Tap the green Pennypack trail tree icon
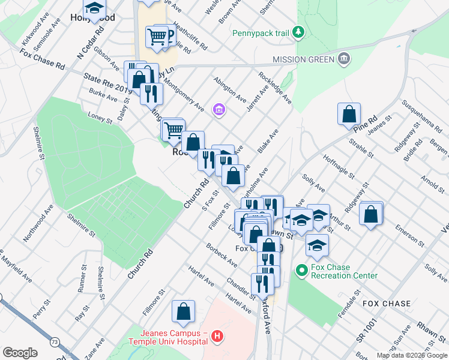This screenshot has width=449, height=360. click(298, 32)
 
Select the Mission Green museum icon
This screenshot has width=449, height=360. click(344, 59)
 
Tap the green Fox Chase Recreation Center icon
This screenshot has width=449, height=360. click(302, 272)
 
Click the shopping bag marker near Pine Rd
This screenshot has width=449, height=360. click(349, 114)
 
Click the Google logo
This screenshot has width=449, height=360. click(20, 353)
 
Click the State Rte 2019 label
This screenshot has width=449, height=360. click(108, 83)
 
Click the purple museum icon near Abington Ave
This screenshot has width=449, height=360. click(218, 110)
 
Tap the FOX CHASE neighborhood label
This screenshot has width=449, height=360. click(387, 304)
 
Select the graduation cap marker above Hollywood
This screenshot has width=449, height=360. click(94, 8)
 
